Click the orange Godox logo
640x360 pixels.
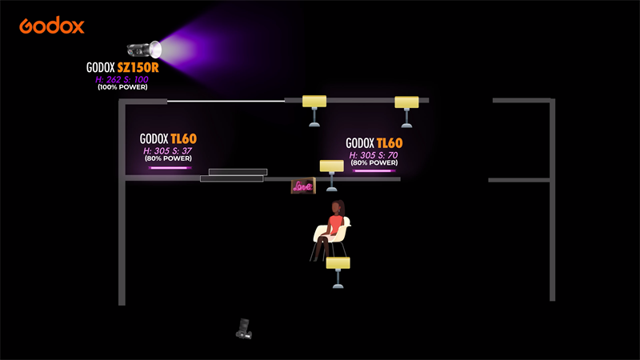coord(52,26)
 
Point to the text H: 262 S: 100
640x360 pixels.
coord(122,78)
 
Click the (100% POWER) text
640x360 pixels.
coord(122,86)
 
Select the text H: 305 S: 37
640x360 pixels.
coord(167,150)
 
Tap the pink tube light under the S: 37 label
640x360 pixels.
coord(168,168)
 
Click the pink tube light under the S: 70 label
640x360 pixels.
coord(373,170)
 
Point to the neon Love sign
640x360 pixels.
coord(302,186)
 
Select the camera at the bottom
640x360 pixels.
coord(244,328)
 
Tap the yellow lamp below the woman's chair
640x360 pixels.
coord(338,264)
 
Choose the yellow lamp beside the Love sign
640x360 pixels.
coord(331,167)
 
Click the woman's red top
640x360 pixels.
coord(336,224)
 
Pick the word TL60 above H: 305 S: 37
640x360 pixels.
coord(184,138)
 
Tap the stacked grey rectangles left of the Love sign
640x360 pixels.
coord(234,175)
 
